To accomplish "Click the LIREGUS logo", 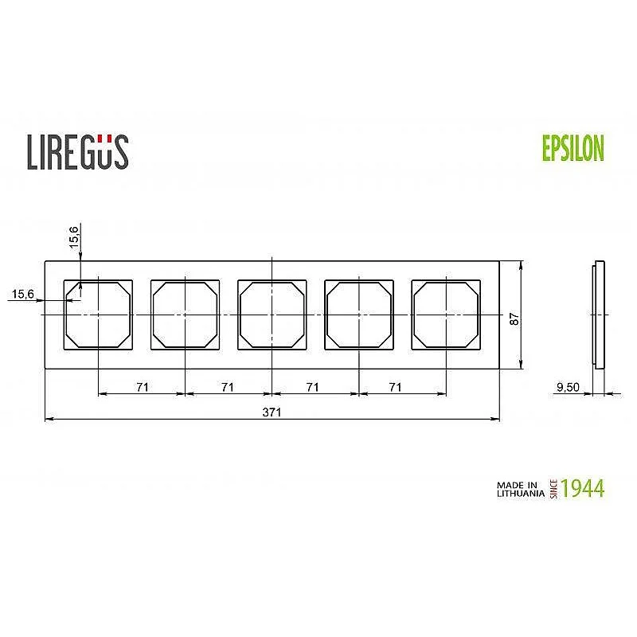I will [x=78, y=151].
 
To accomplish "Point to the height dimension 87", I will [x=514, y=318].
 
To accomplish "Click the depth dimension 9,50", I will [x=567, y=388].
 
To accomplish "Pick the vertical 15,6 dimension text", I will [x=74, y=236].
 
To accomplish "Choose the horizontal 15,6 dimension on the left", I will [x=22, y=295].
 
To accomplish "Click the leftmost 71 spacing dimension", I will [x=142, y=387].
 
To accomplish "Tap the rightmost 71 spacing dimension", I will [x=395, y=387].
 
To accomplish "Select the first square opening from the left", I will [x=98, y=315].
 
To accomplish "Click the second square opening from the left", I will [x=185, y=315].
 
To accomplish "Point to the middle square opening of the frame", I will [x=272, y=315].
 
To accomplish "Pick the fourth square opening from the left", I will [x=359, y=315].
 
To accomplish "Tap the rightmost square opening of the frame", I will [x=446, y=315].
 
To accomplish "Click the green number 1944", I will [x=582, y=488].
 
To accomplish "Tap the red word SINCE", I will [x=553, y=488].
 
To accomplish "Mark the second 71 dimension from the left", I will [x=228, y=387].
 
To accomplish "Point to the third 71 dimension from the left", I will [x=312, y=387].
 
